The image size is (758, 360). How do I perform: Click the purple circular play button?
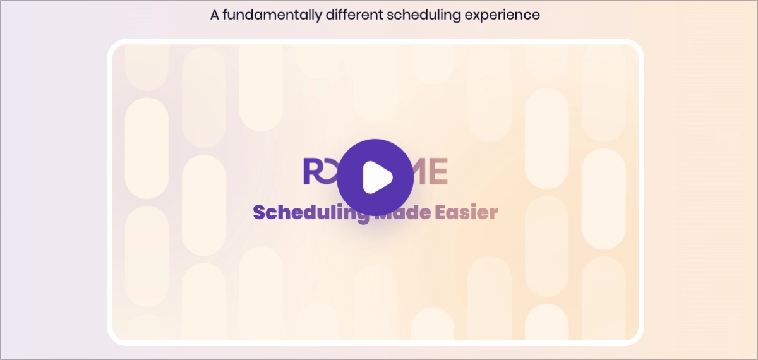pos(375,177)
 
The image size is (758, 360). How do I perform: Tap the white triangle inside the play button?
pos(377,177)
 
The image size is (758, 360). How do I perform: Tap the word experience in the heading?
pos(502,15)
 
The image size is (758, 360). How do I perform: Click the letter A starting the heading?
pos(215,15)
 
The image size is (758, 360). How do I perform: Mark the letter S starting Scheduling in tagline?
pos(260,212)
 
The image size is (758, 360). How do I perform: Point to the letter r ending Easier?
pos(493,213)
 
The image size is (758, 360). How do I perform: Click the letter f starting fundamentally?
pos(227,15)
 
